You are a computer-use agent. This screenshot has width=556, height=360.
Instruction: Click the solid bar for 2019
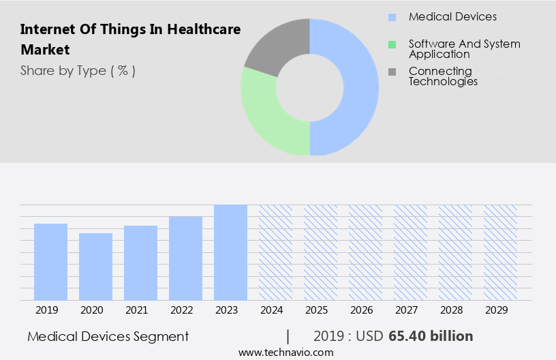(x=50, y=262)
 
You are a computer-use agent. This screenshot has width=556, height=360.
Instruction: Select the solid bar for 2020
(x=95, y=267)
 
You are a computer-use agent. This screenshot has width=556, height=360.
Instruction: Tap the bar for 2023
(x=230, y=252)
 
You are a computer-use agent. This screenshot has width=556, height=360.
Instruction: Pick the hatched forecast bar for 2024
(x=275, y=252)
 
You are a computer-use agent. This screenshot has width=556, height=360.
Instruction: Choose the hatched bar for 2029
(x=500, y=252)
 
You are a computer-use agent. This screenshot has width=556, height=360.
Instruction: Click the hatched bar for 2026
(x=365, y=252)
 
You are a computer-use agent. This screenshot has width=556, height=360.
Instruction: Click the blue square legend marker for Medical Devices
(x=392, y=17)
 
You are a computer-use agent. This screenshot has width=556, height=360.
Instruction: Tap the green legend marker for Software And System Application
(x=392, y=44)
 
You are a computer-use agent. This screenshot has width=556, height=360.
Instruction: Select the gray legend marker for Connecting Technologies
(x=392, y=72)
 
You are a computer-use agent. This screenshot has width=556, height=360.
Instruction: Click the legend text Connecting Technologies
(x=443, y=76)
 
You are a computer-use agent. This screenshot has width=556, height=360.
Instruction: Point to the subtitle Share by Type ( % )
(x=78, y=70)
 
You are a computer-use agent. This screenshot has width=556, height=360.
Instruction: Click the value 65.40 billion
(x=431, y=336)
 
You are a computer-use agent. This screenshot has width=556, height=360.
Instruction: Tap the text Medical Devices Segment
(x=108, y=336)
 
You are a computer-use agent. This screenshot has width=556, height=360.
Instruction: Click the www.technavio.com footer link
(x=286, y=352)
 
